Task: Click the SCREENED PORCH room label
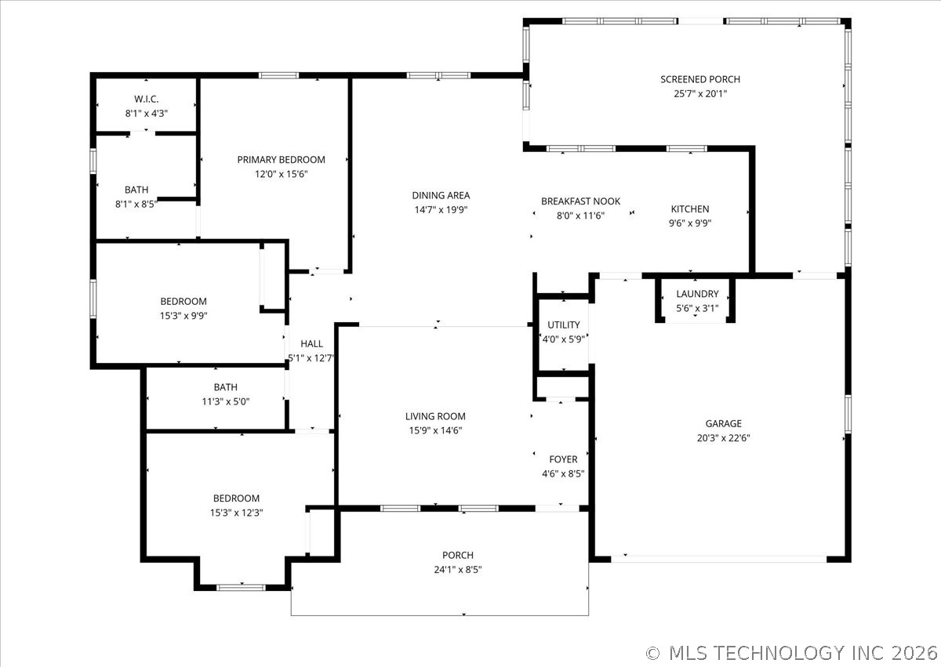tap(699, 79)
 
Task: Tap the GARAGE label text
tap(723, 423)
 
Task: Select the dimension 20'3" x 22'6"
tap(723, 438)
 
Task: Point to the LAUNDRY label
tap(697, 294)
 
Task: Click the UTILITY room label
tap(563, 325)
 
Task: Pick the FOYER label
tap(563, 459)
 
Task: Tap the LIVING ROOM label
tap(435, 416)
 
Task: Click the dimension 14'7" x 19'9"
tap(441, 209)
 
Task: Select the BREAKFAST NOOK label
tap(580, 201)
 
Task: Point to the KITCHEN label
tap(690, 209)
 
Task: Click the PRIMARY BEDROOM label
tap(281, 160)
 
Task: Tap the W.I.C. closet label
tap(146, 99)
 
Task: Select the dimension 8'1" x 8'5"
tap(136, 204)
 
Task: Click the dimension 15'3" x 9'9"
tap(183, 316)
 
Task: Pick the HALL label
tap(312, 344)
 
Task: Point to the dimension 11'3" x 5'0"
tap(226, 402)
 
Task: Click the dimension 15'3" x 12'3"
tap(237, 513)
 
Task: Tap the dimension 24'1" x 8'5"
tap(458, 570)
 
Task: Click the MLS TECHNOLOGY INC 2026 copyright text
tap(792, 653)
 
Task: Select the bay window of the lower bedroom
tap(242, 587)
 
